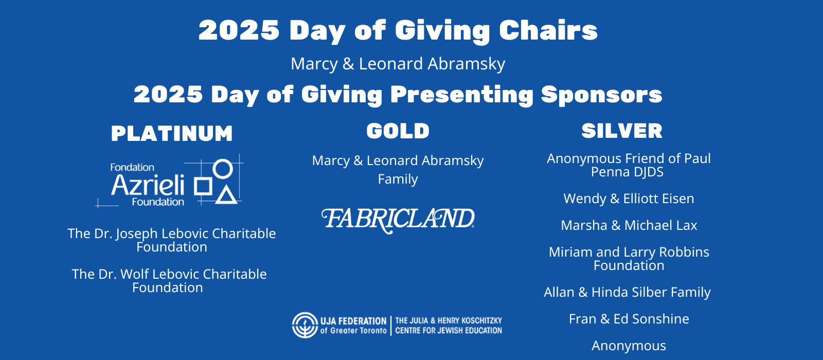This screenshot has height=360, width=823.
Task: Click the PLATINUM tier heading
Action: (x=172, y=134)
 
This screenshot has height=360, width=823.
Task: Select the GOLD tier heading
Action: (x=398, y=131)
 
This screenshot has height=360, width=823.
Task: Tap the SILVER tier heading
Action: (x=622, y=131)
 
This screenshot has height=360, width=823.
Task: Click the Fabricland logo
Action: (x=398, y=220)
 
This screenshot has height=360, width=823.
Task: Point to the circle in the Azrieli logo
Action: (x=223, y=168)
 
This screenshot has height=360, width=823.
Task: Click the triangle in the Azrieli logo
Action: (x=226, y=195)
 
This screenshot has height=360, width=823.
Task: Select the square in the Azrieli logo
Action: (x=203, y=186)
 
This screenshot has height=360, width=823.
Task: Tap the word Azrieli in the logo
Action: (x=148, y=185)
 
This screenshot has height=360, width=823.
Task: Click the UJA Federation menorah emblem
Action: (x=305, y=325)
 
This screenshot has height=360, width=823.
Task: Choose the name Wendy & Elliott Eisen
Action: (x=629, y=199)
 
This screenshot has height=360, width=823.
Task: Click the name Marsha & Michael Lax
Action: (x=629, y=225)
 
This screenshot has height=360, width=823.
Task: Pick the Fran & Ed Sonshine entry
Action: (x=629, y=319)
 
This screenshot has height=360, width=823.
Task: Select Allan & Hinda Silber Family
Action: (x=627, y=292)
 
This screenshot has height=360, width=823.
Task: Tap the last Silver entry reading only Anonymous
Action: (x=629, y=346)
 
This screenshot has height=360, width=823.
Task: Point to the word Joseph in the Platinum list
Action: (x=137, y=234)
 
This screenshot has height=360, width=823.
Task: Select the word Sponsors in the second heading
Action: (x=601, y=95)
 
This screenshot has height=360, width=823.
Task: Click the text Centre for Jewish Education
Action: (x=448, y=331)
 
